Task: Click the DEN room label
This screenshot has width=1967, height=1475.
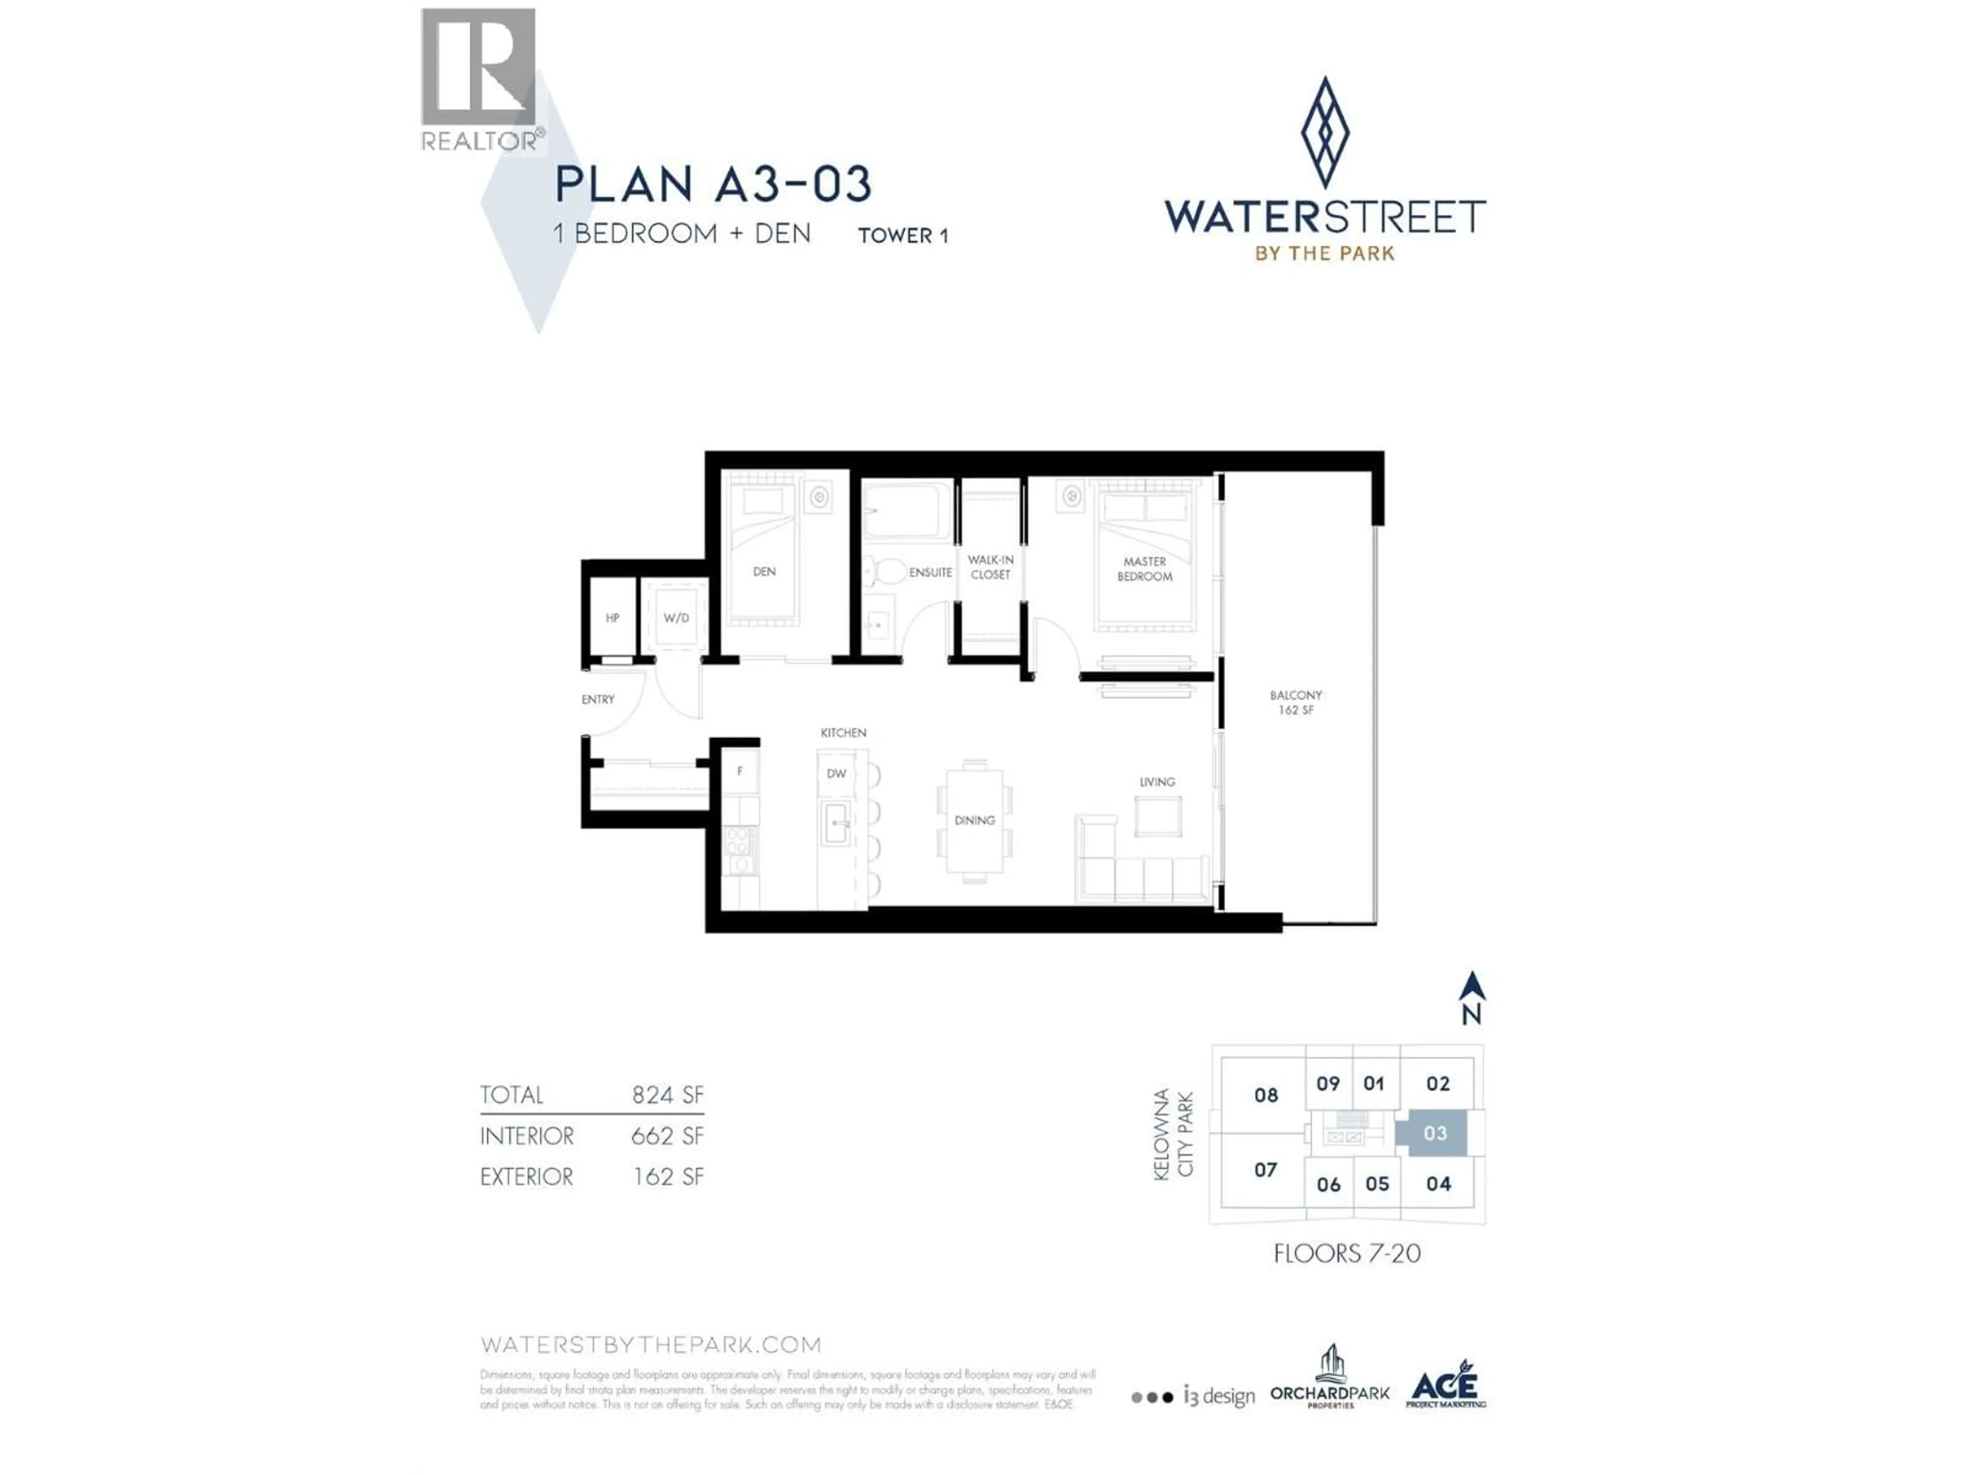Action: tap(764, 572)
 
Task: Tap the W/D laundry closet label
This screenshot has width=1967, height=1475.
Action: tap(676, 618)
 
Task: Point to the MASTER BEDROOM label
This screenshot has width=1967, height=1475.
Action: tap(1144, 569)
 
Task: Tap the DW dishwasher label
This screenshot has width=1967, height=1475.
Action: tap(836, 773)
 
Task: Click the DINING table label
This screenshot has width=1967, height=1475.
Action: tap(975, 820)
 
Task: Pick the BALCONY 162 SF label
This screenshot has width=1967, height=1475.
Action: tap(1295, 702)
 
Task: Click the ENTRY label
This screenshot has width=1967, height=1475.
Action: tap(598, 700)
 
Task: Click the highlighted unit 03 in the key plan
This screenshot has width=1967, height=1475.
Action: tap(1434, 1133)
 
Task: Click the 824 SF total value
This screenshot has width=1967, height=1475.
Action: tap(667, 1095)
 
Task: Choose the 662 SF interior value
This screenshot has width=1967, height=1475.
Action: tap(667, 1136)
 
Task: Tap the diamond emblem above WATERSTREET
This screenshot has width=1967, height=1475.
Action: tap(1325, 133)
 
